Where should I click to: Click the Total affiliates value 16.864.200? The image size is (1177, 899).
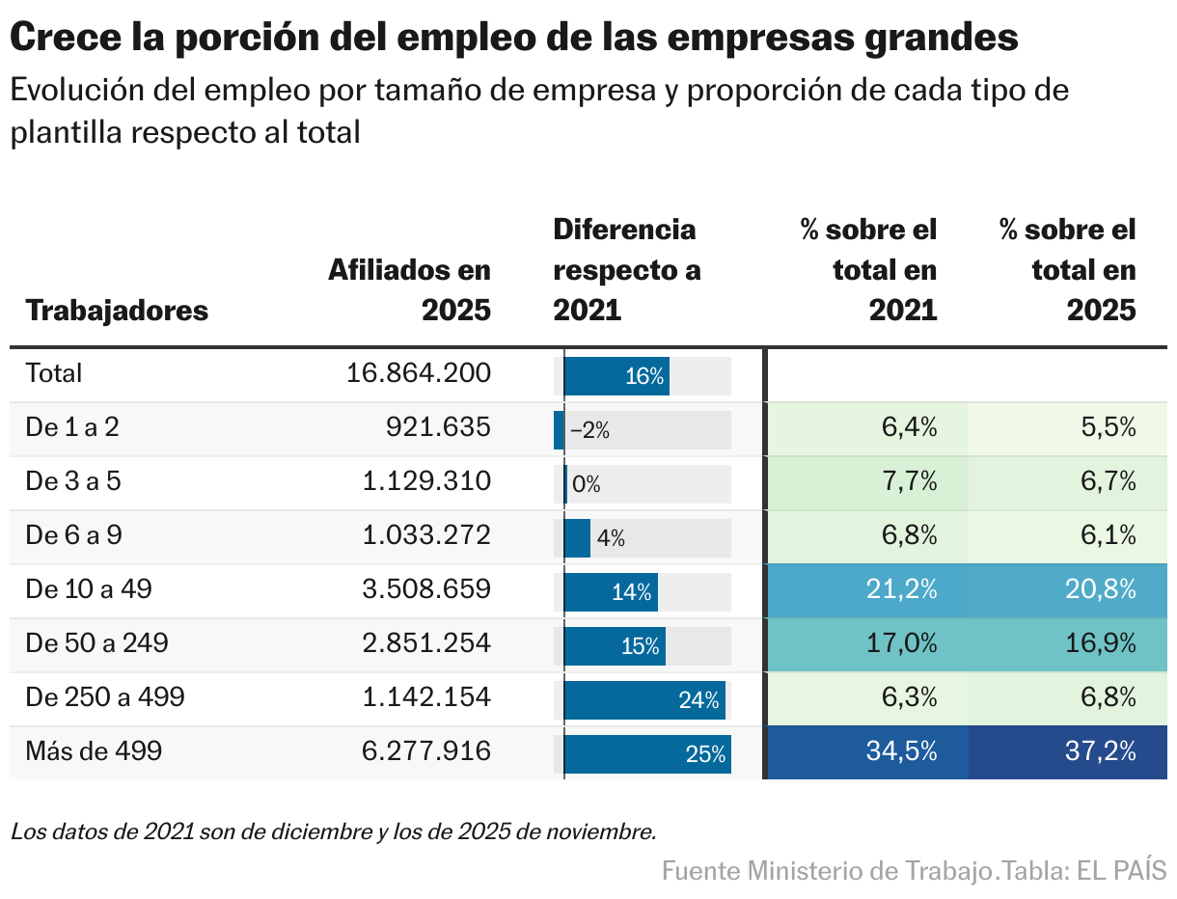click(x=418, y=373)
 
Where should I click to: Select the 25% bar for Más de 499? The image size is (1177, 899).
click(x=646, y=753)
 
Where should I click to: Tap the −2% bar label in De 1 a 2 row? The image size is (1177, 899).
click(x=589, y=431)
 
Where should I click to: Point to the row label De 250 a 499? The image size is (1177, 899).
click(x=104, y=696)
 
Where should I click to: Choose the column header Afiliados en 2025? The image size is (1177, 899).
click(x=409, y=289)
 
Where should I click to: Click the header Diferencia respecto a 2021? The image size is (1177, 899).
click(x=626, y=269)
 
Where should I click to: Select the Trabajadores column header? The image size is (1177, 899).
click(x=117, y=311)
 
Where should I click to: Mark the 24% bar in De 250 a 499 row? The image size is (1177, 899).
click(x=643, y=699)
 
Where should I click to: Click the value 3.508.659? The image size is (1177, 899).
click(x=426, y=589)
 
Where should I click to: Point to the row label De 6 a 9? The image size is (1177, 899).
click(x=73, y=535)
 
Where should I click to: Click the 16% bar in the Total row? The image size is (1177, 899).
click(x=616, y=375)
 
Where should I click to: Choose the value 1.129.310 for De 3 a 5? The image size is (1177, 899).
click(x=426, y=481)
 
